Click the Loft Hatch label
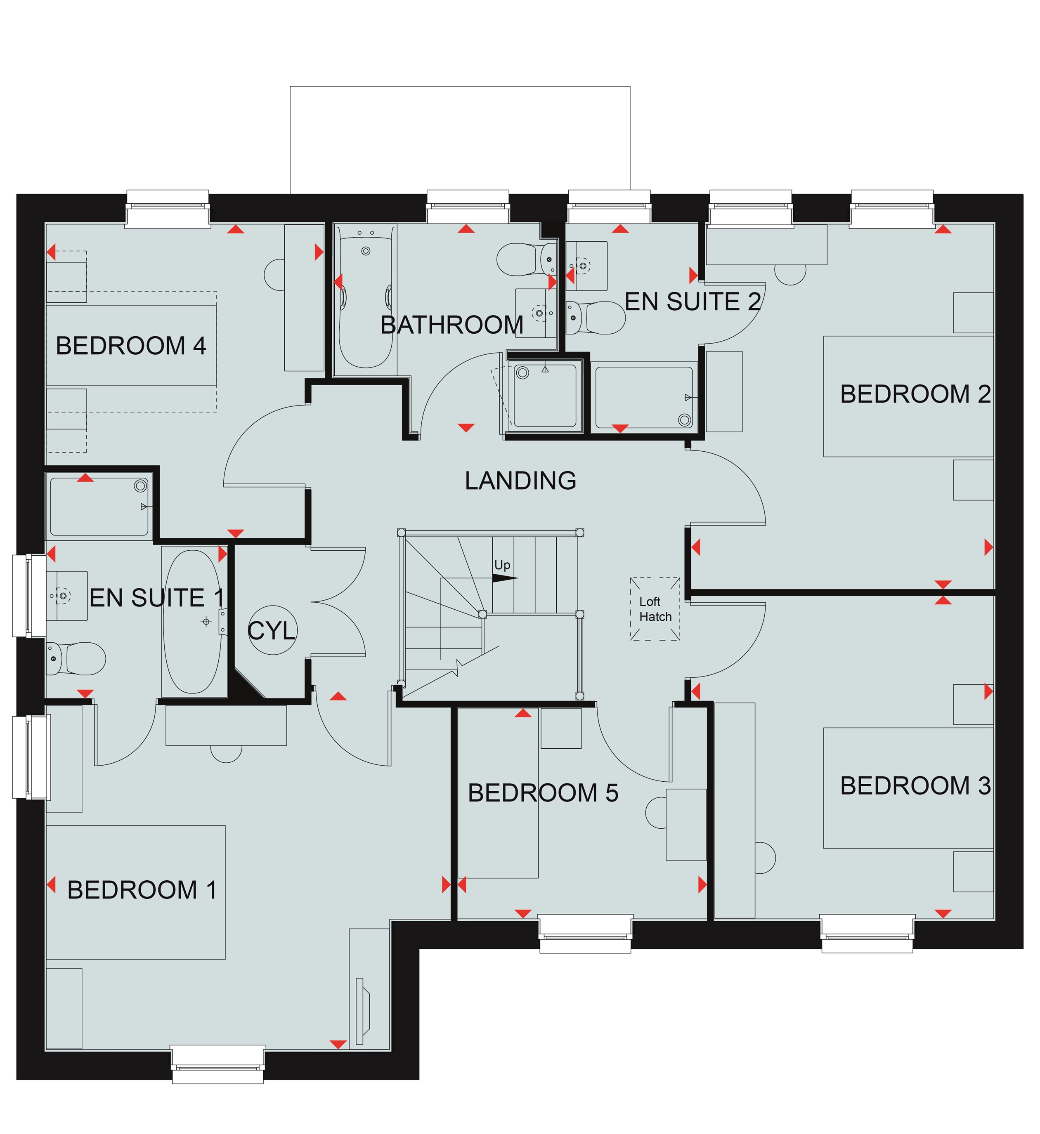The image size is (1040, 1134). click(x=655, y=609)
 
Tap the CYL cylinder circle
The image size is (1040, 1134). click(x=272, y=631)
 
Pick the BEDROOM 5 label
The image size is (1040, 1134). click(x=543, y=793)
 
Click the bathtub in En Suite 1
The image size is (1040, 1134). click(x=192, y=622)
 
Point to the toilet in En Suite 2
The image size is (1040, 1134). click(x=596, y=318)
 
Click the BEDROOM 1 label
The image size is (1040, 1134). click(x=142, y=890)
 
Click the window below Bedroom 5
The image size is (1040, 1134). click(x=586, y=934)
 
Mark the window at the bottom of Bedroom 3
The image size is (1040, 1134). click(x=867, y=934)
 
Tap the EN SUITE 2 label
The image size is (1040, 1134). click(x=693, y=302)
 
